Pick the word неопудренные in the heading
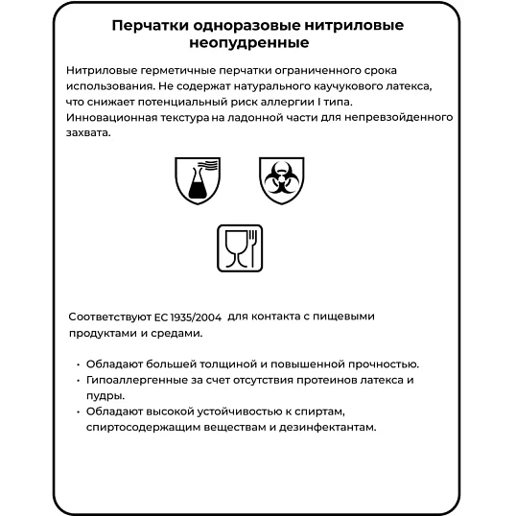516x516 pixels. pos(257,43)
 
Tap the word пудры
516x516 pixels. pos(103,395)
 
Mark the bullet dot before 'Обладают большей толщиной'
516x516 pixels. pos(77,364)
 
